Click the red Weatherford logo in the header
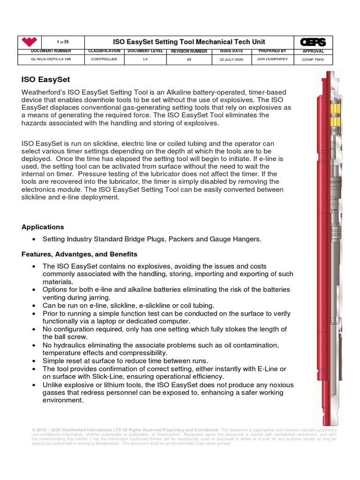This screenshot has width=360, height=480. tap(30, 42)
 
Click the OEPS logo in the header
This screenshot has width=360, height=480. tap(313, 42)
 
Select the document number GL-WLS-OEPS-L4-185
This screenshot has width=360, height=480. tap(45, 60)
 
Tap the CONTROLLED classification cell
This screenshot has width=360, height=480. tap(104, 60)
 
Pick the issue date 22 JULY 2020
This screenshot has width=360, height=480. tap(232, 60)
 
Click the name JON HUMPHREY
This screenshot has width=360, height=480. tap(272, 60)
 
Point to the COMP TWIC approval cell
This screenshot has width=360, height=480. tap(313, 60)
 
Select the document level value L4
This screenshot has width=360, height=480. tap(145, 60)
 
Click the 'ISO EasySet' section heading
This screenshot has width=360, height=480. tap(45, 80)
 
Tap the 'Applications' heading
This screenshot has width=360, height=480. tap(43, 227)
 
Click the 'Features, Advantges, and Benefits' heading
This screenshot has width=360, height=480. tap(79, 254)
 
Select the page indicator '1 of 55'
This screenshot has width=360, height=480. tap(63, 42)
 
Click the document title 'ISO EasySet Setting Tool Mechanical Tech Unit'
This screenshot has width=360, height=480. tap(183, 42)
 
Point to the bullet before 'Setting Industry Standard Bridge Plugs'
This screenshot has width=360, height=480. tap(34, 240)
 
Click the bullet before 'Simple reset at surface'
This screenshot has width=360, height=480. tap(34, 361)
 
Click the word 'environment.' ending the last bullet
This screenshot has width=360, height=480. tap(63, 401)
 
